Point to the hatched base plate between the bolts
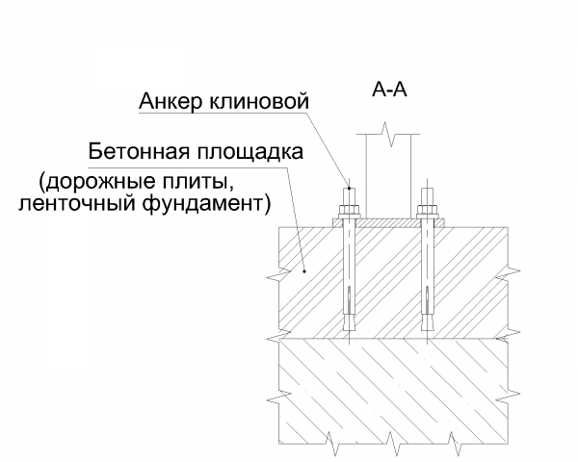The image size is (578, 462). [386, 222]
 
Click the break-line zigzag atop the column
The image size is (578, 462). [386, 131]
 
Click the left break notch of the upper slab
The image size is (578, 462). [277, 278]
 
